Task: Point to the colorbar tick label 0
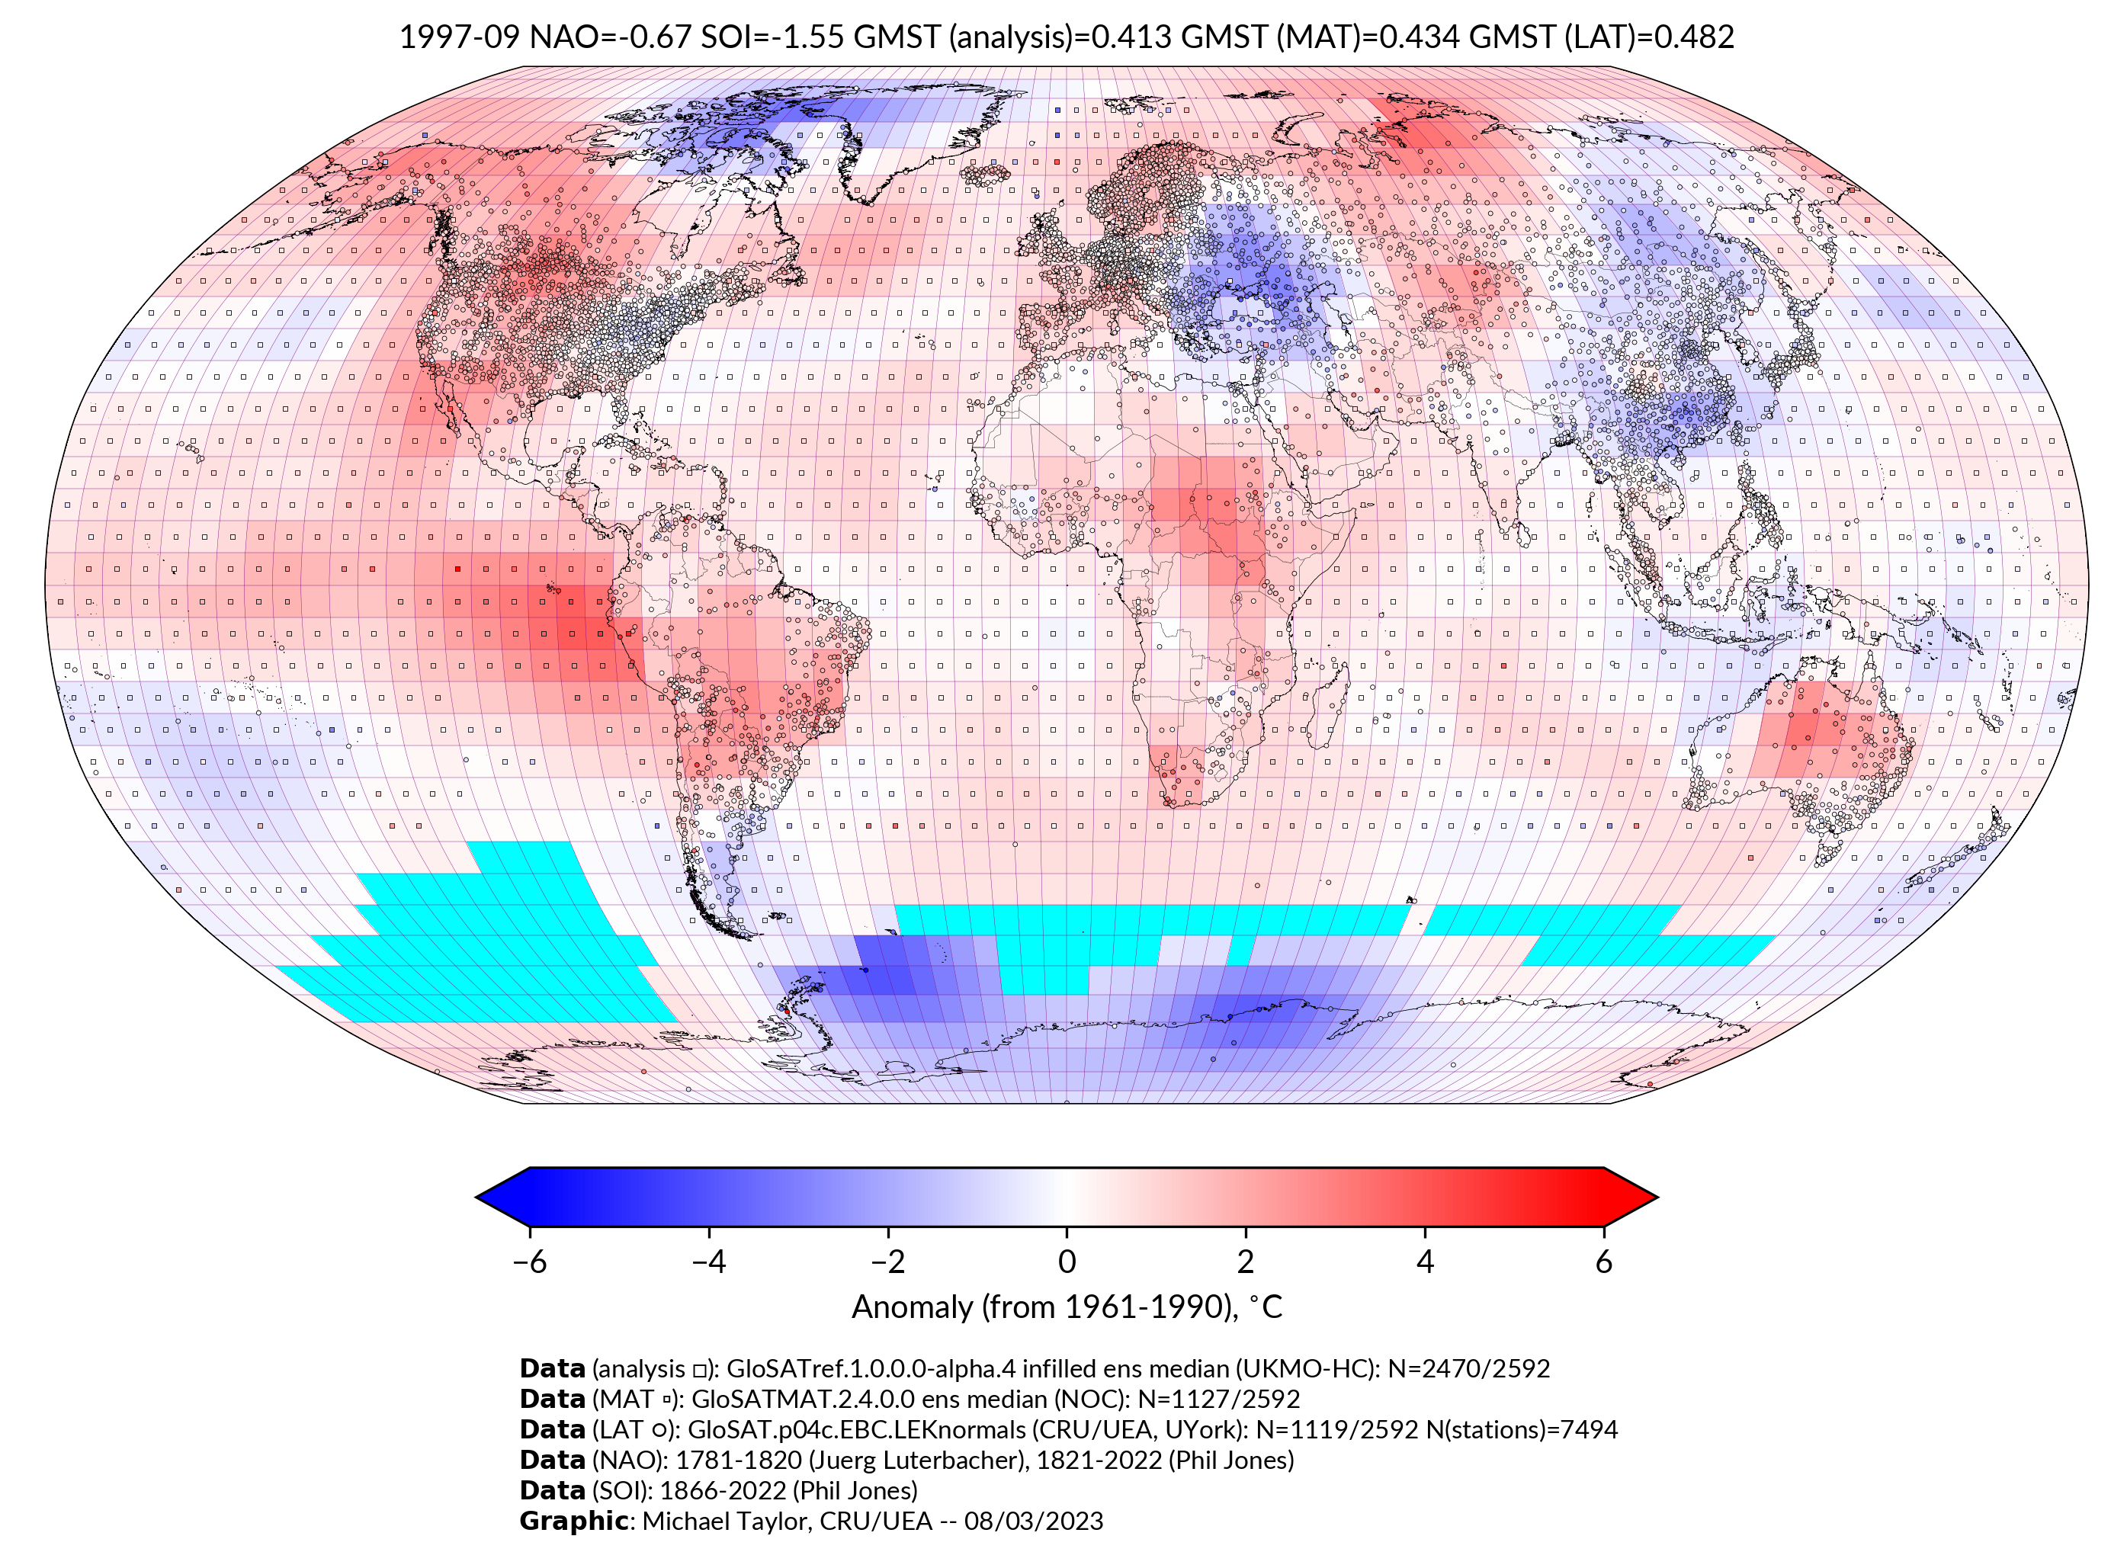click(1067, 1262)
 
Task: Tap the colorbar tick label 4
click(1425, 1262)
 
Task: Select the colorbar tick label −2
click(887, 1262)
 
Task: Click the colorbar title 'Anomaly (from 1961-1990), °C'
click(1067, 1307)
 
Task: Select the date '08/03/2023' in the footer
click(1034, 1522)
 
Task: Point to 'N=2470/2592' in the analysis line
click(1468, 1369)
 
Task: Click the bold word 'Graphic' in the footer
click(573, 1522)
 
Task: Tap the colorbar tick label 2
click(1246, 1262)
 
